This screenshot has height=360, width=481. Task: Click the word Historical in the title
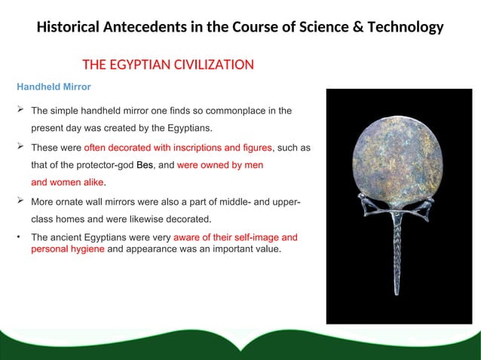tap(72, 28)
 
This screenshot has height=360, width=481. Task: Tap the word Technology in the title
tap(401, 28)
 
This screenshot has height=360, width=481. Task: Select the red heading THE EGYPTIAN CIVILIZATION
tap(167, 65)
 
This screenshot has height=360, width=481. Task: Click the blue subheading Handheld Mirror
tap(54, 87)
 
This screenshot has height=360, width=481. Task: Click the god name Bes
tap(145, 164)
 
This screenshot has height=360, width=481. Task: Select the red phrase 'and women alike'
tap(68, 182)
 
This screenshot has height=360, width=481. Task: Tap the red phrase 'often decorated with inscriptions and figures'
tap(178, 147)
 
